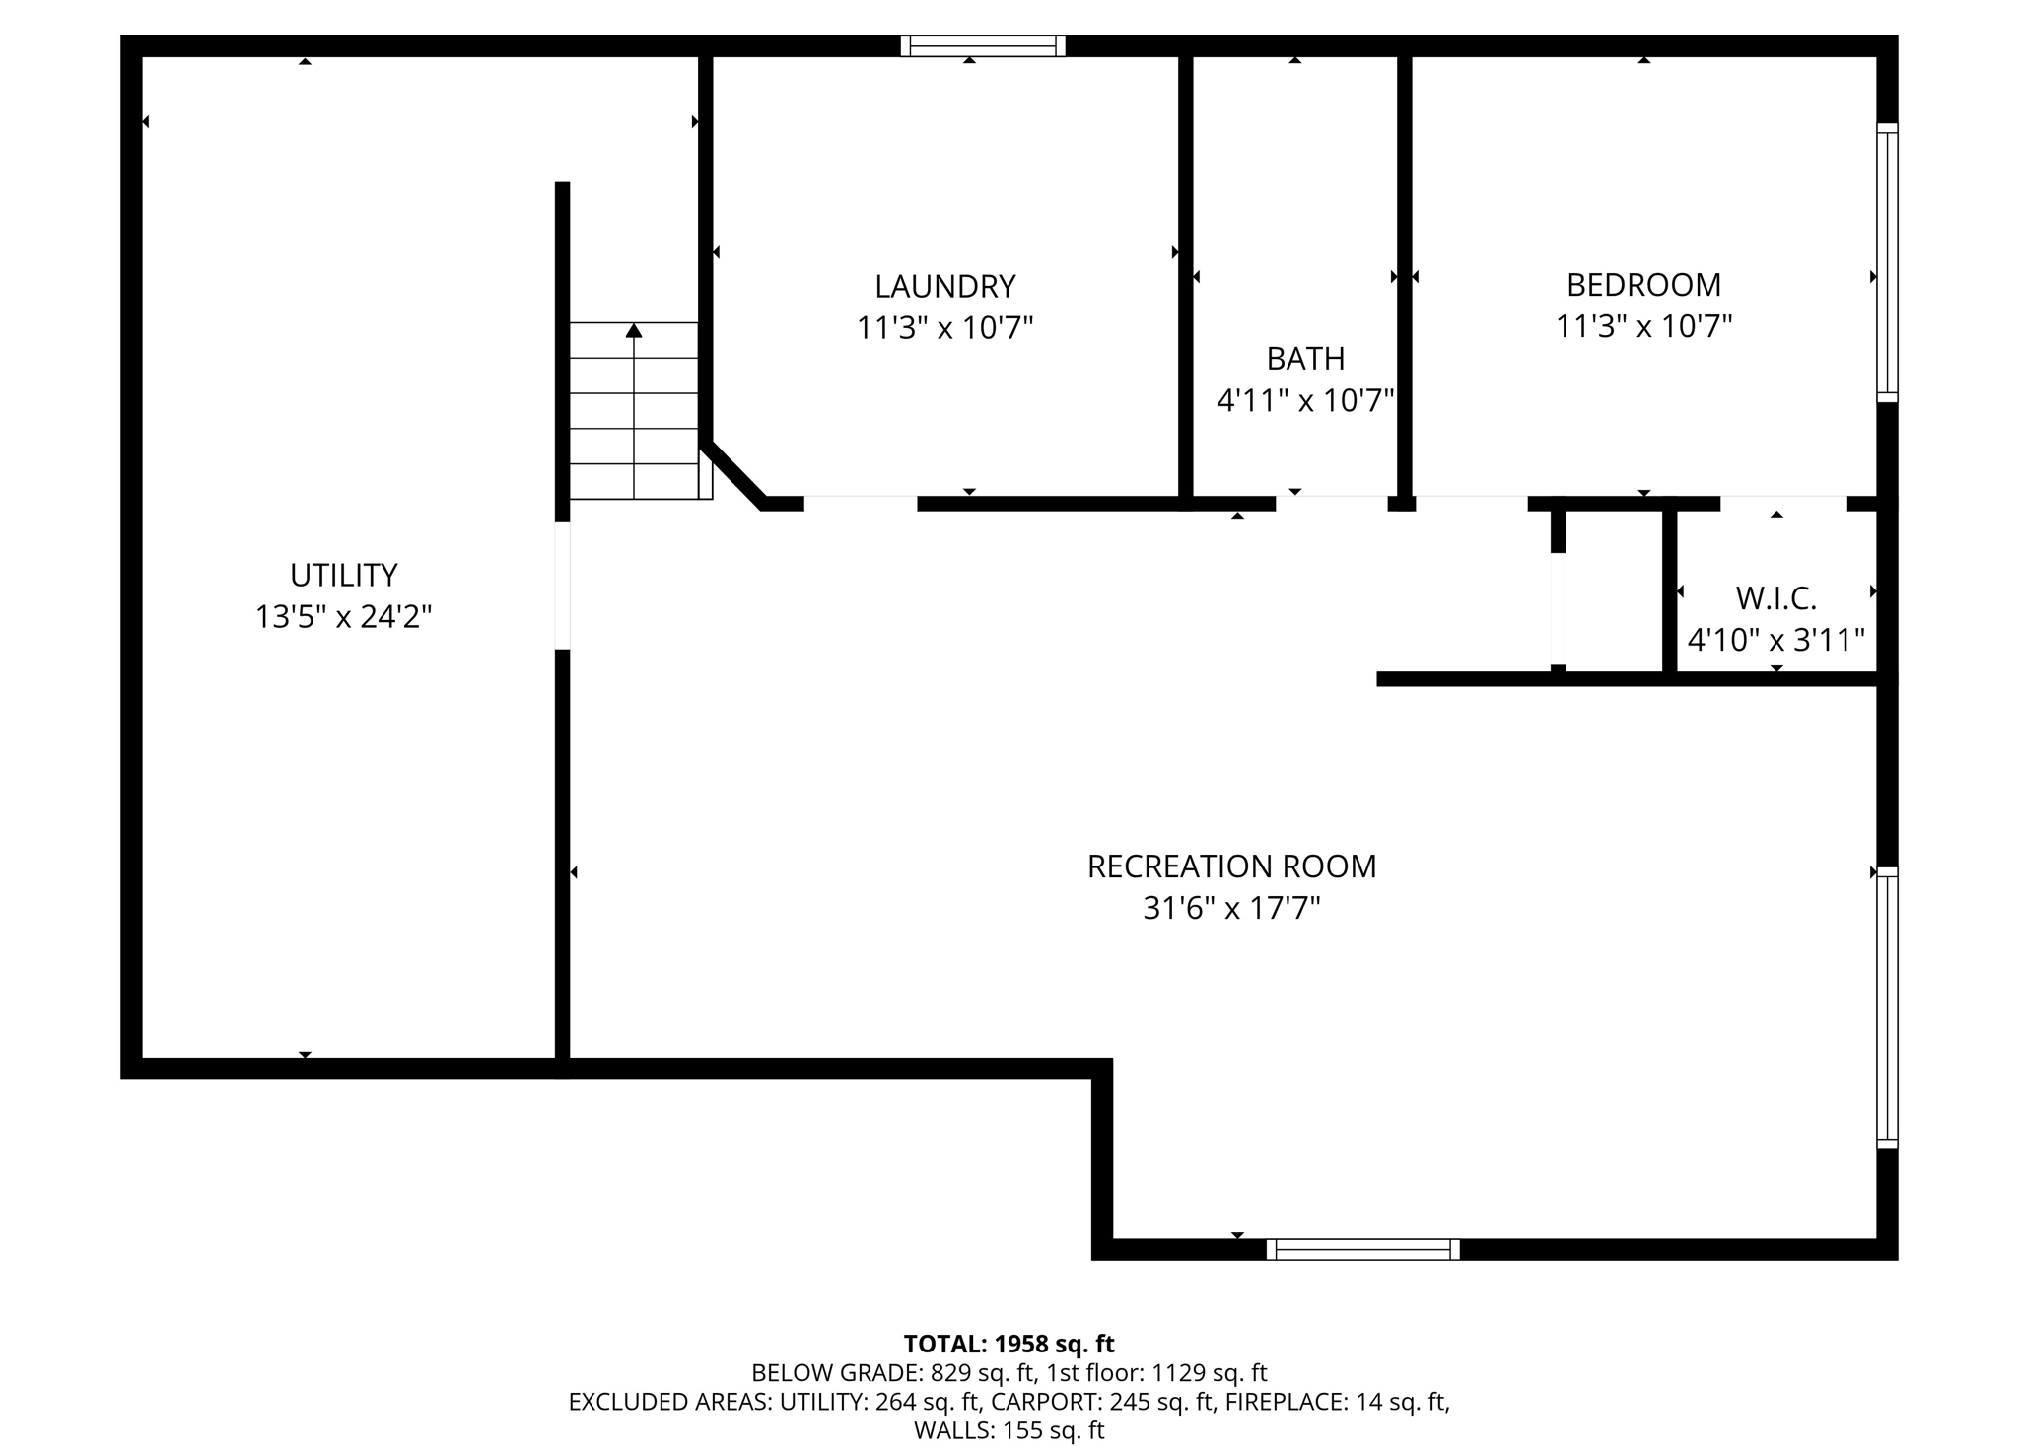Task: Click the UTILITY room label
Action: [x=343, y=575]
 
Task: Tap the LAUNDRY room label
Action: [x=944, y=287]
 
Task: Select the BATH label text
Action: [x=1305, y=359]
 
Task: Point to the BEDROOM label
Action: [x=1643, y=285]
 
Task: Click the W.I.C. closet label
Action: [x=1775, y=598]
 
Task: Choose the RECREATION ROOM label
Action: [x=1231, y=866]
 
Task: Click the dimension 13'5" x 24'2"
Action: [x=343, y=618]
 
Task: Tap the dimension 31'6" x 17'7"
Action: [x=1231, y=909]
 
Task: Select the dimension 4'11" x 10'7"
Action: [x=1305, y=401]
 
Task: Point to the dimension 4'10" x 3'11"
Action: [x=1775, y=641]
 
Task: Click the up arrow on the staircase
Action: [x=634, y=332]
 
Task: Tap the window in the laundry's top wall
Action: [x=983, y=45]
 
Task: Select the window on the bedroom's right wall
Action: [x=1886, y=262]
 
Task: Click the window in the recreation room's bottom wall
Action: [x=1362, y=1249]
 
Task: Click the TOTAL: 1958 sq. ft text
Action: [x=1009, y=1344]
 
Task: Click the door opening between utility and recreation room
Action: [x=562, y=586]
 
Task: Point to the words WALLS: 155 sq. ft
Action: [x=1009, y=1430]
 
